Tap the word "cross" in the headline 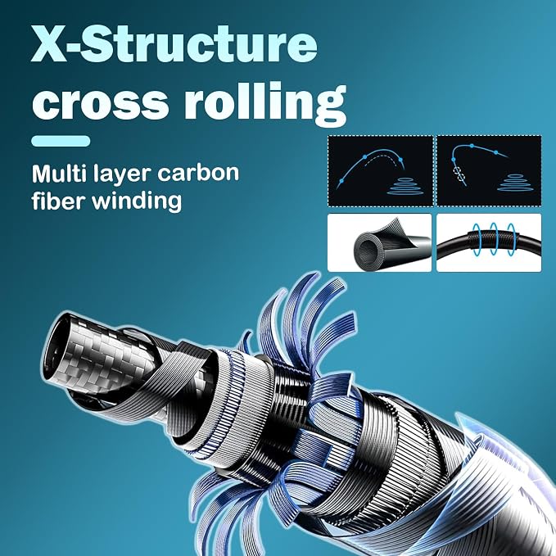point(100,102)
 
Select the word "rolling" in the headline point(264,103)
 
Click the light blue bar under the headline point(61,141)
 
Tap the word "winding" point(137,202)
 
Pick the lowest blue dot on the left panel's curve point(341,181)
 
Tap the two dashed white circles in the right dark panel point(459,174)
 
